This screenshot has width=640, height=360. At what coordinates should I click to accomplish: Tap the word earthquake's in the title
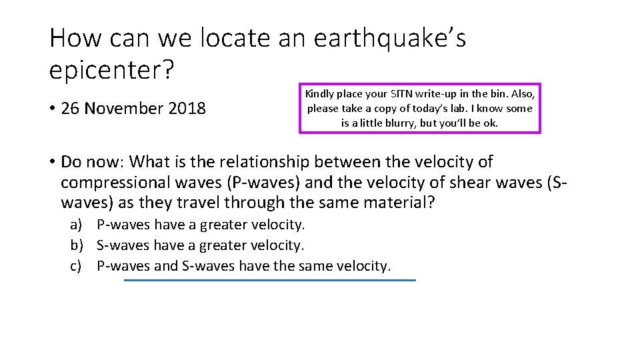pyautogui.click(x=389, y=38)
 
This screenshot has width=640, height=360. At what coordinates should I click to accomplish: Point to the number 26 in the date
pyautogui.click(x=69, y=108)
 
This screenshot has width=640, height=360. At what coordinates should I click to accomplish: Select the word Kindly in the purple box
pyautogui.click(x=320, y=94)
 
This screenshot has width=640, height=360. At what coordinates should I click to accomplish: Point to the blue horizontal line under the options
pyautogui.click(x=269, y=281)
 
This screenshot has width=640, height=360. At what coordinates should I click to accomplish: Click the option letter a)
pyautogui.click(x=77, y=225)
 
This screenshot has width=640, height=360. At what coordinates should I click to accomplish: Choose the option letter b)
pyautogui.click(x=77, y=245)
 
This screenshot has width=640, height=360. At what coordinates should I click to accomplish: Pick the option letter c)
pyautogui.click(x=77, y=266)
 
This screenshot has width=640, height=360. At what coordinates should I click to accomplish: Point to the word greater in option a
pyautogui.click(x=230, y=225)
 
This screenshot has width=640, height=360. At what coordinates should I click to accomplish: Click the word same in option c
pyautogui.click(x=317, y=266)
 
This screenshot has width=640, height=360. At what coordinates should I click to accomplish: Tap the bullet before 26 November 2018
pyautogui.click(x=53, y=108)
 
